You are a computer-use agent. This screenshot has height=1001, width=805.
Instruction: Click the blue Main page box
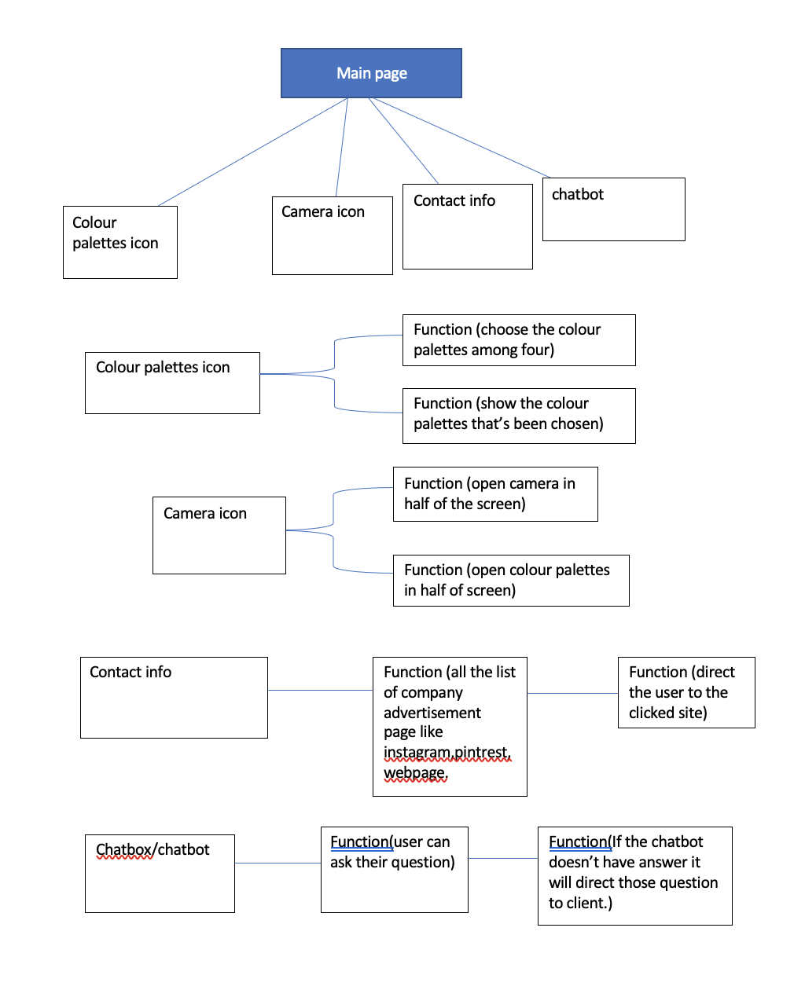point(371,73)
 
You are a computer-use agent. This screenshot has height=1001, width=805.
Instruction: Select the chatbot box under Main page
point(614,209)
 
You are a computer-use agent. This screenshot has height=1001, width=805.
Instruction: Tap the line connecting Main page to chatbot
point(461,137)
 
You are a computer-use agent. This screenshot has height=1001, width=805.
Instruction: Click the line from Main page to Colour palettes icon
point(253,152)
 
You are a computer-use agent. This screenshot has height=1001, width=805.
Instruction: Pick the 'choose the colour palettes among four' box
point(519,340)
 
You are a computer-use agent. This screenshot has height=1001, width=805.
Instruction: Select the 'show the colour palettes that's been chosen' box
point(519,416)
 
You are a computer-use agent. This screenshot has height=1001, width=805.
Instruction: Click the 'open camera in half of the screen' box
point(495,494)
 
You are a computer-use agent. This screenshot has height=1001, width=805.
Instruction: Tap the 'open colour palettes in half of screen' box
point(511,581)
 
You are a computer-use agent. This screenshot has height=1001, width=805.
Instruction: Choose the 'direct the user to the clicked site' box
point(686,692)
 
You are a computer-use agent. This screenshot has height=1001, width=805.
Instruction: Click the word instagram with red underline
point(417,752)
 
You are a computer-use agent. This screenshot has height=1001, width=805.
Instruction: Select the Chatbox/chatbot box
point(160,874)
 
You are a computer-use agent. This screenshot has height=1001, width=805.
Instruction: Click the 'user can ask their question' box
point(395,870)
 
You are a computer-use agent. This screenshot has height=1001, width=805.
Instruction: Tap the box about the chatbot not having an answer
point(634,876)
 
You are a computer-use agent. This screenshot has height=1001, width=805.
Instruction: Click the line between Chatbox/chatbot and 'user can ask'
point(278,863)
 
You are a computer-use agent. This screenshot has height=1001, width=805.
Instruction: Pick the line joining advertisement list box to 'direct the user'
point(572,694)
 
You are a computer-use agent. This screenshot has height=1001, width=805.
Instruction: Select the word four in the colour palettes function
point(535,350)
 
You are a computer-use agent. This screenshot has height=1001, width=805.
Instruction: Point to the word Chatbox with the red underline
point(124,849)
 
